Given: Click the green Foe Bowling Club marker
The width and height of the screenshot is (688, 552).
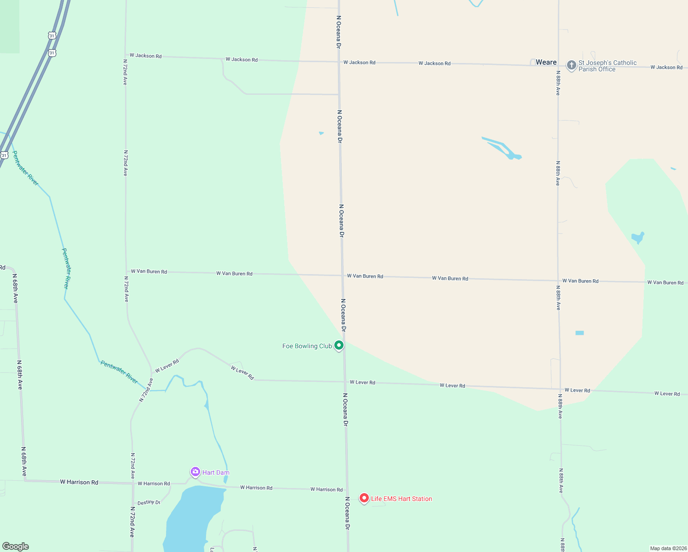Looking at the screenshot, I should coord(339,345).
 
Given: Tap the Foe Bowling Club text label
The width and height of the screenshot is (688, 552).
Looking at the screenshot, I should coord(307,346).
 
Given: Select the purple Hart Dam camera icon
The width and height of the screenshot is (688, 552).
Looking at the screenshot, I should coord(195,472).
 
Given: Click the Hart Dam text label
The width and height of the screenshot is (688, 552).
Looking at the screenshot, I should coord(216,472).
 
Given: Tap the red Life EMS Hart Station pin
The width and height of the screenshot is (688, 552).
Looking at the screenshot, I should coord(364,498).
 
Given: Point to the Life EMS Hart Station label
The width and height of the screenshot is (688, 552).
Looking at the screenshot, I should coord(401,499).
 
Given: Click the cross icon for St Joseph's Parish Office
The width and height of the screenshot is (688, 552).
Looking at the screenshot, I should coord(571,65).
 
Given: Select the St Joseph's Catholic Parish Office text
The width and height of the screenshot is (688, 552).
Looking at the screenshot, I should coord(607,66).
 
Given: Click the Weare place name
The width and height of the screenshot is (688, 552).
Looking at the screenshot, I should coord(546,62).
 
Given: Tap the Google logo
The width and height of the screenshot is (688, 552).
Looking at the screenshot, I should coord(16,546).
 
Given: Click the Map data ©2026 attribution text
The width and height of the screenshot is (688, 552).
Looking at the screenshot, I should coord(668,548).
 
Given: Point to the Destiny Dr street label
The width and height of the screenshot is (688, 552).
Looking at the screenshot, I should coord(149,502).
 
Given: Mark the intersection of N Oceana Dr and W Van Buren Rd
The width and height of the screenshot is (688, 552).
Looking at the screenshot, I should coord(342,276).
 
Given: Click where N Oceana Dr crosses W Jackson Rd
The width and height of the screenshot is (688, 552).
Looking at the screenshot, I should coord(339,62).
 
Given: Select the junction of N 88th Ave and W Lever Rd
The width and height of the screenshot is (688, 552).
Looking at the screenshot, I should coord(560,389).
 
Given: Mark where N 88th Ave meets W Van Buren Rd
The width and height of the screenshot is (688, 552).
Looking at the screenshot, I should coord(558,280).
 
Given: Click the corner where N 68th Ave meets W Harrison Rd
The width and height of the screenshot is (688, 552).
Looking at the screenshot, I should coord(25,481).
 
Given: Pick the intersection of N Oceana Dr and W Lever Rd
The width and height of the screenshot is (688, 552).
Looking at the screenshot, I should coord(344,382).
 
